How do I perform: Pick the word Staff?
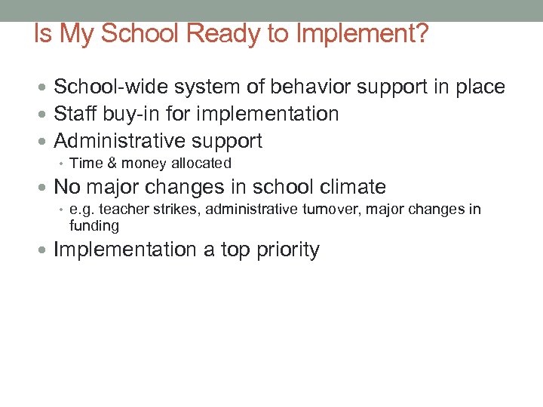[x=75, y=115]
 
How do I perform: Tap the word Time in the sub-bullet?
[x=84, y=164]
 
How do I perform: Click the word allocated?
[x=201, y=164]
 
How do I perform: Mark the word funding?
[x=94, y=226]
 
